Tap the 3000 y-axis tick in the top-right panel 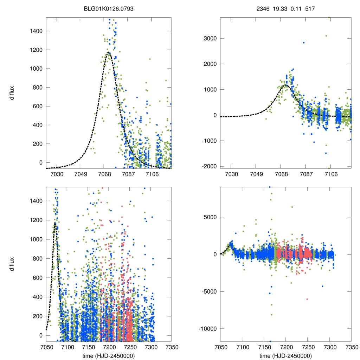(x=210, y=38)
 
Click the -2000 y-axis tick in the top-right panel (x=208, y=166)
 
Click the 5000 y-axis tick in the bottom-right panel (x=210, y=217)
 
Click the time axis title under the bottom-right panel (x=285, y=355)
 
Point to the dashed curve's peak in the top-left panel (x=108, y=53)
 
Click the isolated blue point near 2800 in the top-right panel (x=304, y=43)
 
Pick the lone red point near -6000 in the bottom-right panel (x=307, y=299)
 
